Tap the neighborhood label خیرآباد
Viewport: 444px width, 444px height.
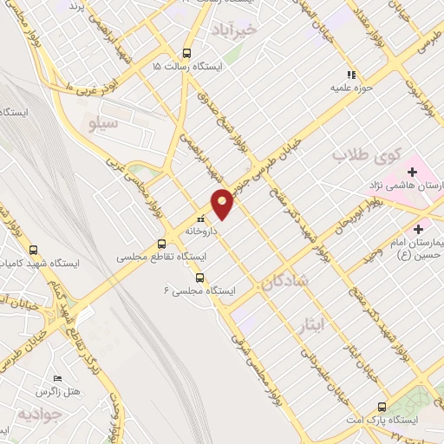235,29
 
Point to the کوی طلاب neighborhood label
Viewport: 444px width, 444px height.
364,158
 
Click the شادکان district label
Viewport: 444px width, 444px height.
284,282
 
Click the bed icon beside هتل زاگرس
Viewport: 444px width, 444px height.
58,378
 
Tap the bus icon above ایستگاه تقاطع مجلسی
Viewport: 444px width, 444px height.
162,245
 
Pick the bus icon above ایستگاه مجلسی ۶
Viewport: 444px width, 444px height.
200,278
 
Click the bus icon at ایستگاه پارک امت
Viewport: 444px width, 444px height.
382,407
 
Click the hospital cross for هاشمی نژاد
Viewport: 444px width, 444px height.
411,172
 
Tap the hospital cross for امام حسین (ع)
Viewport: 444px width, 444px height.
419,229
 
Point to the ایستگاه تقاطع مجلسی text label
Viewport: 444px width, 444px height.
161,258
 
